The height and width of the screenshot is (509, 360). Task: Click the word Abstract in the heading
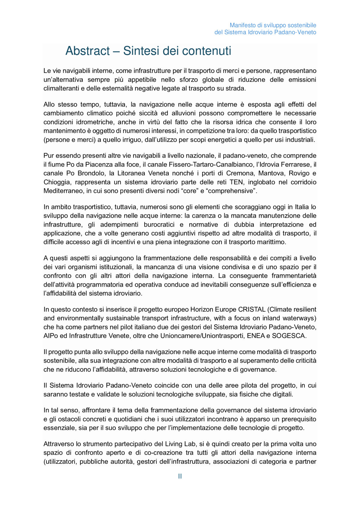[x=88, y=51]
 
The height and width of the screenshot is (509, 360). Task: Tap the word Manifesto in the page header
[x=243, y=25]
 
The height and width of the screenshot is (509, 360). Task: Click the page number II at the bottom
[x=180, y=476]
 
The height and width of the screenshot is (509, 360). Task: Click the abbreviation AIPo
[x=50, y=336]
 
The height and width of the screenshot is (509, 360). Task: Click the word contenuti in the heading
[x=207, y=51]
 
